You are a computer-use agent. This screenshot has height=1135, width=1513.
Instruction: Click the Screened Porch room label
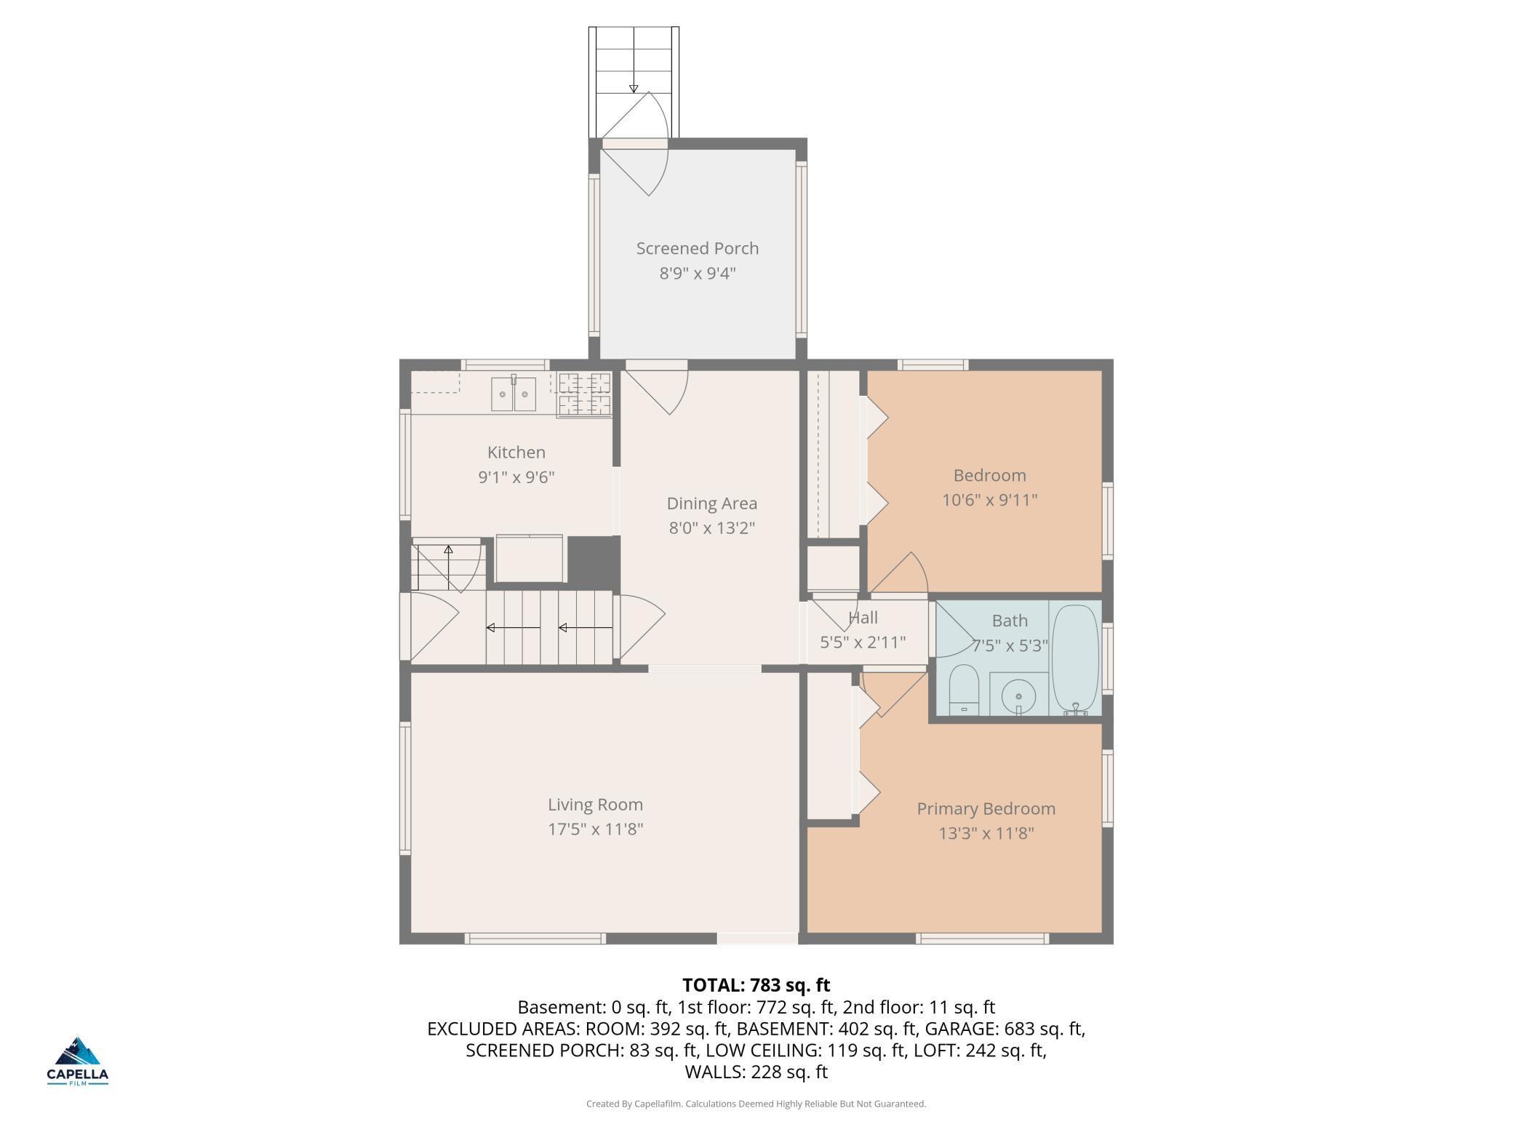(697, 249)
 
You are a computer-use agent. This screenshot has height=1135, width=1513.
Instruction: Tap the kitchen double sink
(514, 394)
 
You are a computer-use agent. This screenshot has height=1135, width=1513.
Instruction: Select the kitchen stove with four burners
(584, 394)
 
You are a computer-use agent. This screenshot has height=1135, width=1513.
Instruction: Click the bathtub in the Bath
(1075, 657)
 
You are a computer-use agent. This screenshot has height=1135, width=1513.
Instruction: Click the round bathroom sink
(1018, 696)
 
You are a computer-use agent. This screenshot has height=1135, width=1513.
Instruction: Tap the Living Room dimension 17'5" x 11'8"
(595, 829)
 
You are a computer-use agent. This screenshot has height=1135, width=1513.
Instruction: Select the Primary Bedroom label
(986, 808)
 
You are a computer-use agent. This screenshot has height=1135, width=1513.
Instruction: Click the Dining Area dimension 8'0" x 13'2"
(711, 528)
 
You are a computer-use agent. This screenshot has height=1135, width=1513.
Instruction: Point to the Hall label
(863, 618)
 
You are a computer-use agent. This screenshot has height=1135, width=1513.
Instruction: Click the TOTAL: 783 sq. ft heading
(756, 985)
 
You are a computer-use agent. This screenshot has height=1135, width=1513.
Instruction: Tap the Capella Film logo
(78, 1061)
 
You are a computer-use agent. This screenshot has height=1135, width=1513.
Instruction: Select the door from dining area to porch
(657, 389)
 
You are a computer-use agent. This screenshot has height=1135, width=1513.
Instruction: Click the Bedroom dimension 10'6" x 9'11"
(989, 501)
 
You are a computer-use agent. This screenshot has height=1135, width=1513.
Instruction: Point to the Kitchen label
(516, 453)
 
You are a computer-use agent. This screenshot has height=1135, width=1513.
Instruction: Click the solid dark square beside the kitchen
(592, 559)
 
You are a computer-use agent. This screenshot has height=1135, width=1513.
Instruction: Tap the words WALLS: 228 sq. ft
(756, 1072)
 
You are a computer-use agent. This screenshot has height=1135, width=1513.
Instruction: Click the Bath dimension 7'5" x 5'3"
(1011, 645)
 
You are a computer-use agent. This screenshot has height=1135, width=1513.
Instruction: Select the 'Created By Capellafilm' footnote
(756, 1104)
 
